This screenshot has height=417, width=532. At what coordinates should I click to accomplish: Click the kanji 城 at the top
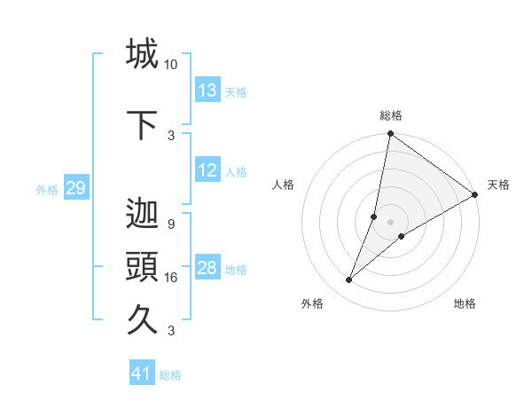tap(142, 54)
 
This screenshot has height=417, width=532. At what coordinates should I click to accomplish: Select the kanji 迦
tap(142, 214)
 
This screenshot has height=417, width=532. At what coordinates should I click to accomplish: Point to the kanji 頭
tap(142, 267)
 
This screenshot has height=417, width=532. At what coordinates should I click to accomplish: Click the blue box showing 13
tap(207, 90)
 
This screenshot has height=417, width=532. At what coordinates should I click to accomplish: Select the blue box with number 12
tap(207, 170)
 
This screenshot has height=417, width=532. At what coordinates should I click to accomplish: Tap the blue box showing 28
tap(207, 268)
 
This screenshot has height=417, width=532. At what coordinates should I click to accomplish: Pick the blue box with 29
tap(75, 188)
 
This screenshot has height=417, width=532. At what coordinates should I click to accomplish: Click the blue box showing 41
tap(142, 374)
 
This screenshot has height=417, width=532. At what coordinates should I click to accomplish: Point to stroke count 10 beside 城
tap(170, 65)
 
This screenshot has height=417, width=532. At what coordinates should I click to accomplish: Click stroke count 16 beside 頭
tap(170, 278)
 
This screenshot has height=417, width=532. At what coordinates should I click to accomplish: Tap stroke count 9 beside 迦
tap(170, 224)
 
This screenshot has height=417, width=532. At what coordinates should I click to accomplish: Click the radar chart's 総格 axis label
tap(390, 115)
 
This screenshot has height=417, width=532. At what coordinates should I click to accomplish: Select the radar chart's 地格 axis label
tap(465, 303)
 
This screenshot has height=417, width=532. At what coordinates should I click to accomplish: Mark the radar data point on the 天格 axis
tap(475, 195)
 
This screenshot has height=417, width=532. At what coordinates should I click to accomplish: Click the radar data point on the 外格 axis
tap(348, 280)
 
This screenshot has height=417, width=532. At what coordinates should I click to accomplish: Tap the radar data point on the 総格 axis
tap(390, 134)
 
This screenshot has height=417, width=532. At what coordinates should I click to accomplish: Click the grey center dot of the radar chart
tap(390, 222)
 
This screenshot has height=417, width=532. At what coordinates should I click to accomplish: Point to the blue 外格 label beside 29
tap(47, 189)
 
